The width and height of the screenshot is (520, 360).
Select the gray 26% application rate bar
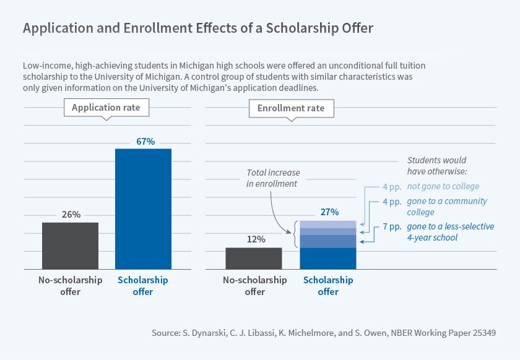(70, 246)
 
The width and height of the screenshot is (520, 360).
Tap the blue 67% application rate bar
(143, 208)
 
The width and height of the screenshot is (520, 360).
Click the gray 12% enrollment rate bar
(254, 258)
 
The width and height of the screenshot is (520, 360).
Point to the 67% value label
(144, 141)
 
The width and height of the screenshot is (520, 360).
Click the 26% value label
(71, 215)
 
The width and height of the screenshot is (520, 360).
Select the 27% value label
(329, 212)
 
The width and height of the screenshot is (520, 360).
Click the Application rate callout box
(106, 108)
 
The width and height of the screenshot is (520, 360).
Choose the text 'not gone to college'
(443, 186)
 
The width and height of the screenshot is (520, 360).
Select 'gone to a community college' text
(447, 207)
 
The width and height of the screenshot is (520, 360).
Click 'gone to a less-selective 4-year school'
(450, 232)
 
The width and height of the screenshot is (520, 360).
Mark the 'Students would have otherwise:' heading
(436, 165)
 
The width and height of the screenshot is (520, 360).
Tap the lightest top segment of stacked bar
(328, 224)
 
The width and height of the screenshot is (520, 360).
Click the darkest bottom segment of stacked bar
(328, 259)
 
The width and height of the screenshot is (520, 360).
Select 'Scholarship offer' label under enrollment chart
(328, 285)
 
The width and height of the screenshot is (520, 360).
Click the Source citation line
(324, 333)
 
